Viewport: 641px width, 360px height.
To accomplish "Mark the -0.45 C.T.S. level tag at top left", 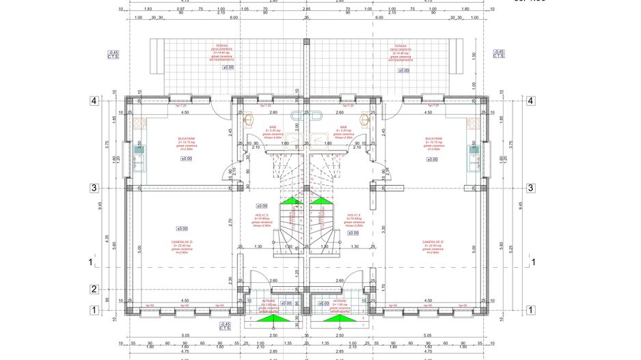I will (113, 54).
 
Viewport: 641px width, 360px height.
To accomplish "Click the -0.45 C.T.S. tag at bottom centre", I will (224, 326).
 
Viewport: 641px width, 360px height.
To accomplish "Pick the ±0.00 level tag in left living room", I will (182, 229).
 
